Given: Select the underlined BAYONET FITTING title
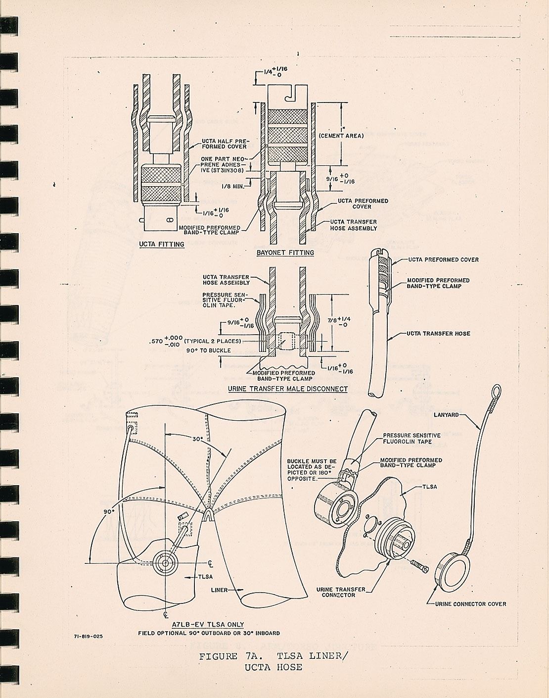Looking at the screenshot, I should coord(285,252).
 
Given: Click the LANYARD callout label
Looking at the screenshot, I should coord(447,414).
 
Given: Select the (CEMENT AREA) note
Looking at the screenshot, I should coord(341,136).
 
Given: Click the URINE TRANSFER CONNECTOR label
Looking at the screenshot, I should coord(341,592).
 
